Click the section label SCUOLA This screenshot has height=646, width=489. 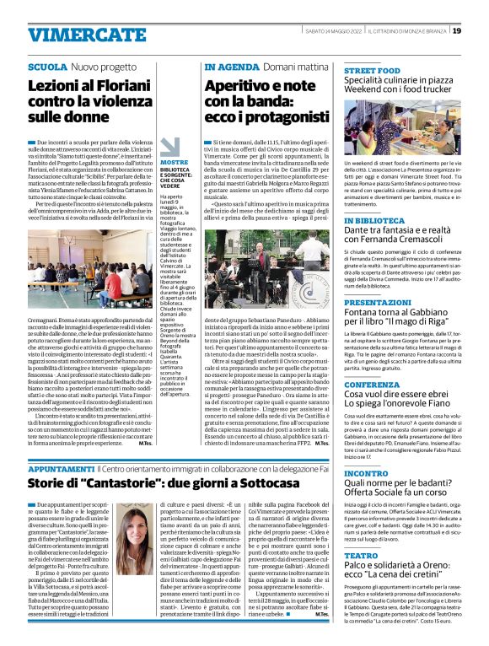(48, 66)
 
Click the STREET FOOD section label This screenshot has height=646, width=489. (372, 71)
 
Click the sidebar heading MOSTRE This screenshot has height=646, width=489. (175, 162)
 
